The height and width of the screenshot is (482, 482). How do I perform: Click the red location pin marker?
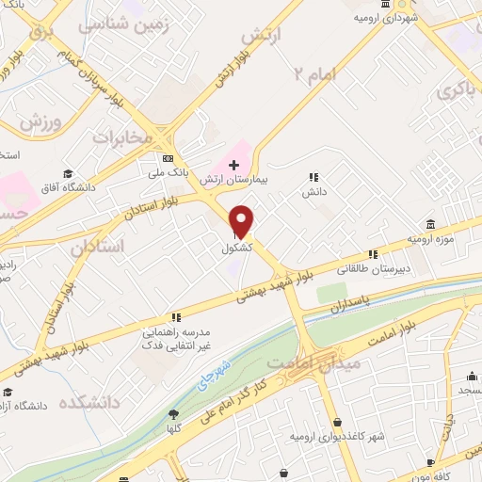242,220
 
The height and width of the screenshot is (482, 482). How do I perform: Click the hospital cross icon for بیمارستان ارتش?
234,165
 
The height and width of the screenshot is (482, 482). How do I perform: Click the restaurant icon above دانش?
313,176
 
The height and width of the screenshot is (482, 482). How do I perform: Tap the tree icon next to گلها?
173,413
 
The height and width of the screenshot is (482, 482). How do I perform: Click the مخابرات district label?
120,138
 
